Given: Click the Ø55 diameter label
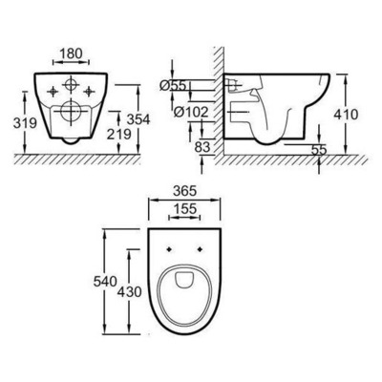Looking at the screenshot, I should click(180, 87).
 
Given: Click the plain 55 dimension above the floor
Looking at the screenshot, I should click(319, 150).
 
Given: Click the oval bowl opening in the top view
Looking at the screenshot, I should click(187, 292).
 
